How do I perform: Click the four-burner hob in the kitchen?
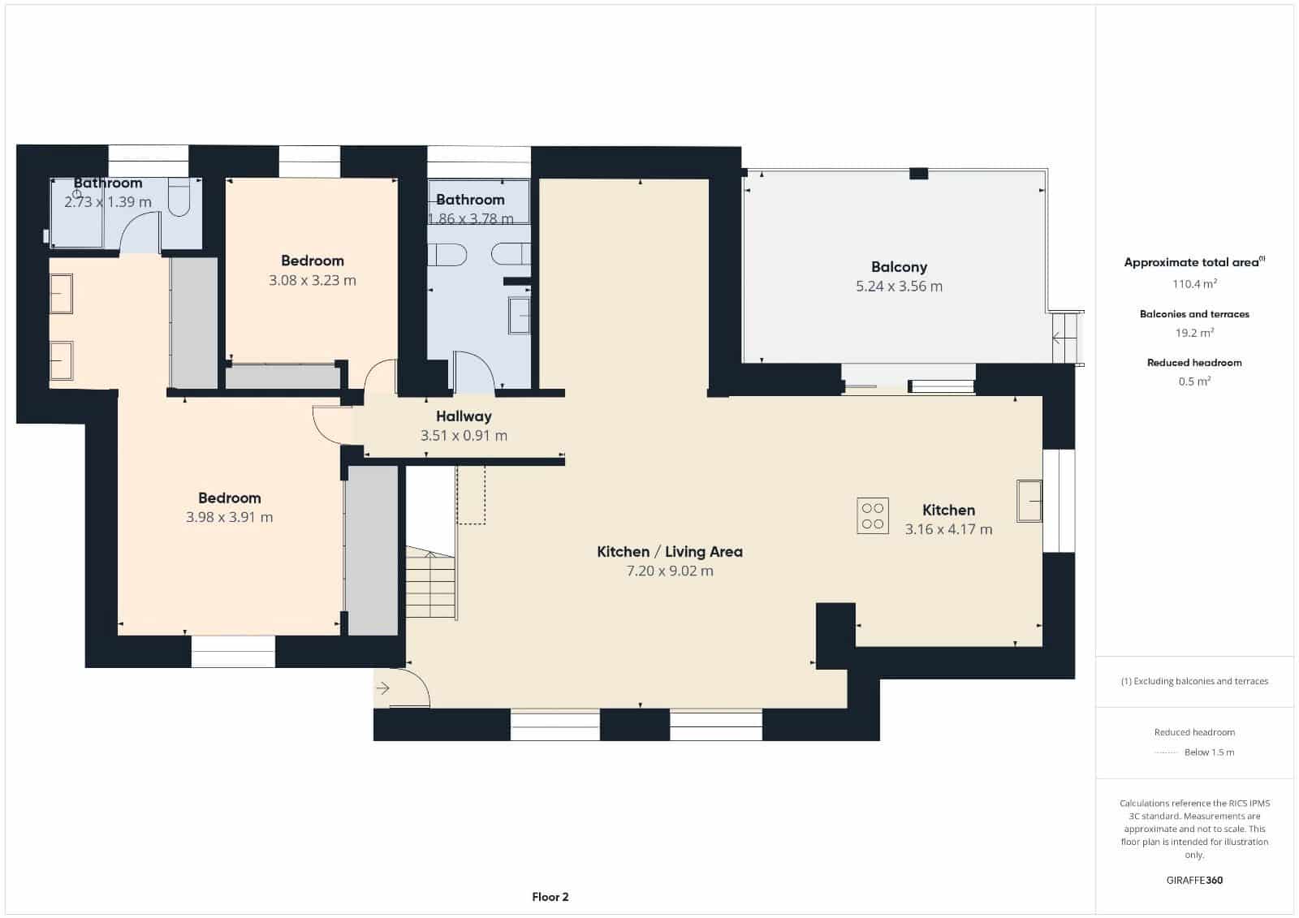pos(873,515)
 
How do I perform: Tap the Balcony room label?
pos(899,267)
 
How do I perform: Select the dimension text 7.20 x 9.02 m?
pos(670,571)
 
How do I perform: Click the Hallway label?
pos(464,416)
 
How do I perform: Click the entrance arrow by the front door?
pos(383,689)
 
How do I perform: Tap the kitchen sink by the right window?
pos(1029,500)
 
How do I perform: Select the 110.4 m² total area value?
pos(1193,284)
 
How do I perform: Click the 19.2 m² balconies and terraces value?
pos(1193,333)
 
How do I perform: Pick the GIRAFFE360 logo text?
pos(1193,880)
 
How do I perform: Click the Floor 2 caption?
pos(550,897)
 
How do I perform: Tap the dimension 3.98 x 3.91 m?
pos(229,517)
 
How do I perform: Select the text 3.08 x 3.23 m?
pos(313,280)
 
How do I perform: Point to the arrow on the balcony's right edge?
pos(1057,338)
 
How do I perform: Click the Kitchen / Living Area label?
pos(670,552)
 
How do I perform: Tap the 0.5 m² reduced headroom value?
pos(1193,381)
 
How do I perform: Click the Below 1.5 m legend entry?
pos(1208,752)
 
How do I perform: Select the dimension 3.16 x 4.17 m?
pos(948,529)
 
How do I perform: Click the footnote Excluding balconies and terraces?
pos(1195,682)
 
